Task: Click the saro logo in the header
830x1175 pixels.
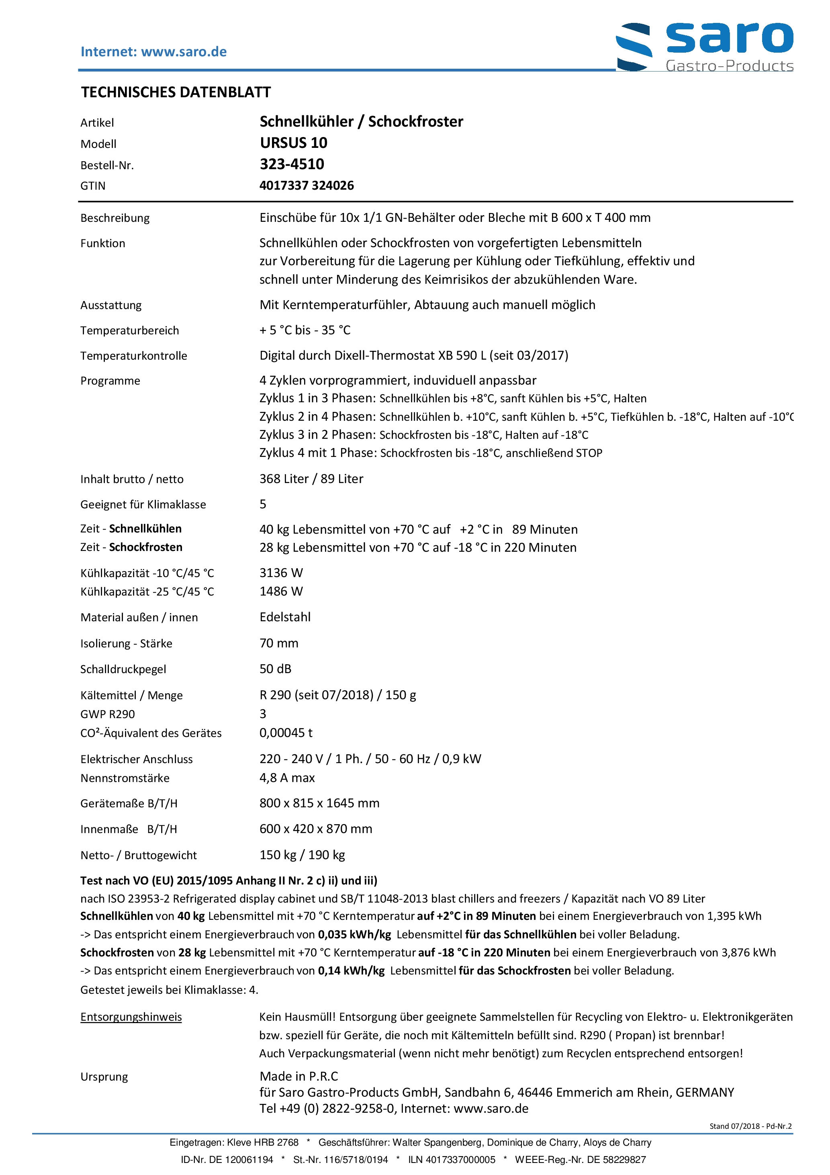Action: [x=704, y=46]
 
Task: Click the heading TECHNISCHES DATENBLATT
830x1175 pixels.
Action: [x=176, y=92]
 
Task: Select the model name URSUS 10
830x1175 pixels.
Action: [x=293, y=143]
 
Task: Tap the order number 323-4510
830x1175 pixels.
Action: [x=292, y=164]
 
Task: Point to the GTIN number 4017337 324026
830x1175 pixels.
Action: [x=306, y=185]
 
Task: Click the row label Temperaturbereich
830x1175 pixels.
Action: [x=129, y=331]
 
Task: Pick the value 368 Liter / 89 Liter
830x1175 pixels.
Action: [x=311, y=479]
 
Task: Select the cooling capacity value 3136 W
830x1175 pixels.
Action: [x=281, y=573]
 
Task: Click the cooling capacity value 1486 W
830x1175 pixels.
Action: [x=281, y=592]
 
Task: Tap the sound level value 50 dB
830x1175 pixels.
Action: [x=275, y=669]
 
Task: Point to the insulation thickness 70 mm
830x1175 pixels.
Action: [x=278, y=643]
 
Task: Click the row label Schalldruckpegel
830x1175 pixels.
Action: [x=123, y=669]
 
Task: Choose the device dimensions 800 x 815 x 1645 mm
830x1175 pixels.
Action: [x=319, y=803]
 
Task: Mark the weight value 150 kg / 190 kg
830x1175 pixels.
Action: [x=302, y=855]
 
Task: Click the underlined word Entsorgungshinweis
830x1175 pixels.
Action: [x=131, y=1017]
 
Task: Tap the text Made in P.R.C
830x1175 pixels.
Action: [x=298, y=1076]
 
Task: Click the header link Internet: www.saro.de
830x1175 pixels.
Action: [x=153, y=52]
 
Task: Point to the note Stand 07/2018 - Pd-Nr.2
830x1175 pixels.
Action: [x=750, y=1126]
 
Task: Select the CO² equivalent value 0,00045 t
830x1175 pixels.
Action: [x=286, y=733]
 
